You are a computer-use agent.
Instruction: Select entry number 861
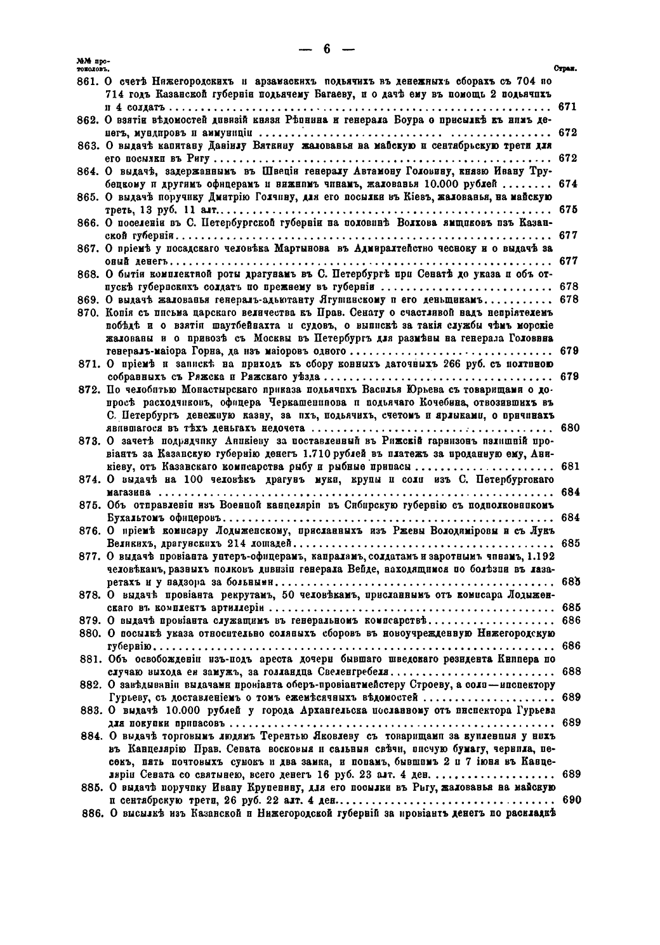pos(90,82)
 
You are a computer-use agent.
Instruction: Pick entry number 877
pos(90,556)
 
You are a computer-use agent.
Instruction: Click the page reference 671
pos(568,107)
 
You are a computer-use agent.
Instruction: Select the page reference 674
pos(568,184)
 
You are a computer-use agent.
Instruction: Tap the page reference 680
pos(569,428)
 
